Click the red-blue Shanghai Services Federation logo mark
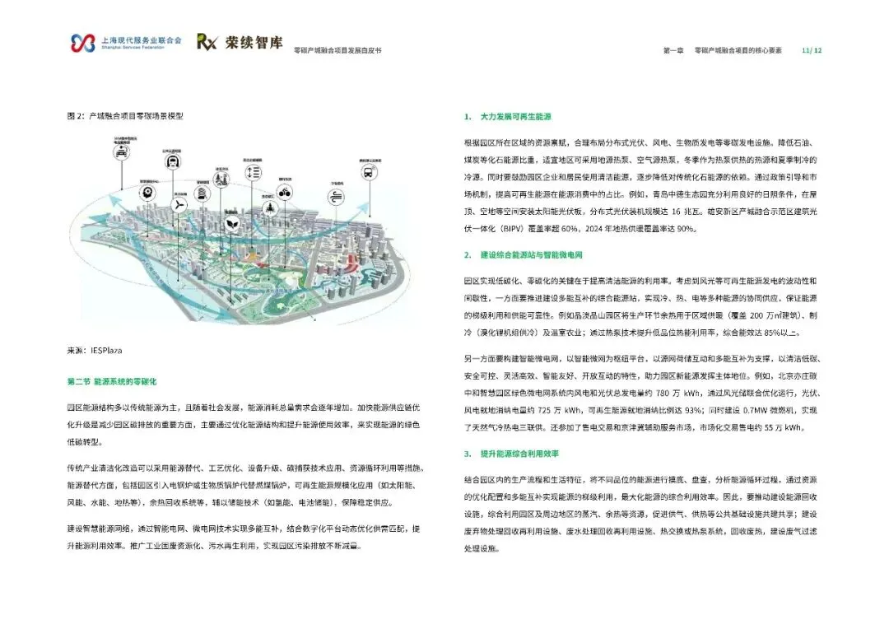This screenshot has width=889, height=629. [x=83, y=42]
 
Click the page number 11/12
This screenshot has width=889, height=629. [x=812, y=50]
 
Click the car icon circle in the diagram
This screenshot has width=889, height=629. [x=121, y=153]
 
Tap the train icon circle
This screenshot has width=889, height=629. [x=172, y=161]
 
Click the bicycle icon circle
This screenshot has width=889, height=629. [x=285, y=193]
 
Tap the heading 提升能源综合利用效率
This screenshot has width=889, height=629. [x=522, y=454]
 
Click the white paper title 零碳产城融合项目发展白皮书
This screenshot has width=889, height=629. [x=337, y=50]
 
